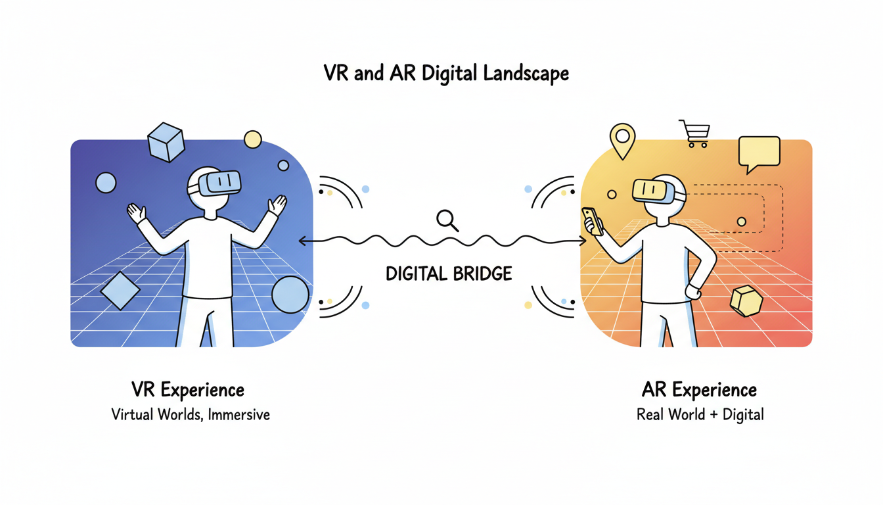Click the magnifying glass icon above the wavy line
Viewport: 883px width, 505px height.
(x=446, y=220)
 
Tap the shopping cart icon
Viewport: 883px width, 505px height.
(x=694, y=133)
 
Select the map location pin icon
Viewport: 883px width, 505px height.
(x=621, y=139)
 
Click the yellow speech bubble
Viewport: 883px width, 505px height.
(x=759, y=153)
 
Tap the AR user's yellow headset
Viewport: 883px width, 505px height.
(x=654, y=191)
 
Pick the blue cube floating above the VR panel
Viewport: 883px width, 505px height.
(x=165, y=142)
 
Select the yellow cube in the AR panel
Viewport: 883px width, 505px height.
(x=746, y=301)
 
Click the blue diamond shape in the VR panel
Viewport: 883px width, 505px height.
(x=120, y=290)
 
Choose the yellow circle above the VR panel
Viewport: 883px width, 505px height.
(x=252, y=139)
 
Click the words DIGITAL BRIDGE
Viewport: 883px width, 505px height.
(x=449, y=274)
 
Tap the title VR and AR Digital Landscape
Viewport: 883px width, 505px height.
(x=446, y=73)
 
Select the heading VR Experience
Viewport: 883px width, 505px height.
(x=188, y=389)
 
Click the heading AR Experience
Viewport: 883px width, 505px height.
(x=699, y=389)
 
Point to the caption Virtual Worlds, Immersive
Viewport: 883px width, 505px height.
(x=191, y=415)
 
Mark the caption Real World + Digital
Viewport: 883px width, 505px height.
(x=700, y=415)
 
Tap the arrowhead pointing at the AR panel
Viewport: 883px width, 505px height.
(x=581, y=241)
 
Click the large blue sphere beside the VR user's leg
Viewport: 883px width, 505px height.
(x=290, y=295)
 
